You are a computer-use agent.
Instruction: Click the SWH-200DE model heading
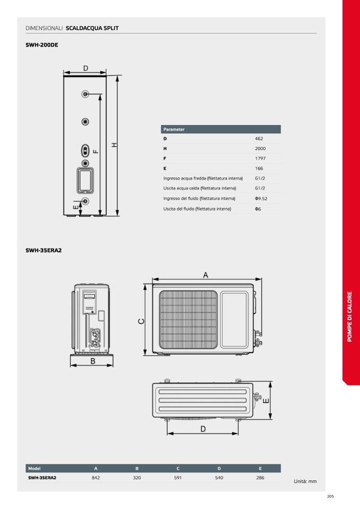[42, 45]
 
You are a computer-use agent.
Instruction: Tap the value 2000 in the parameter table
[260, 149]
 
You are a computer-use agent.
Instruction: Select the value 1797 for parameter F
[260, 158]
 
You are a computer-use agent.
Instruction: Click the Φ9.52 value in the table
[261, 199]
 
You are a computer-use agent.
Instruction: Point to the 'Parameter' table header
[174, 129]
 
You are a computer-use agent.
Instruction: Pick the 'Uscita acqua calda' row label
[200, 188]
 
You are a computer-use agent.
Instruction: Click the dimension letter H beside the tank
[114, 145]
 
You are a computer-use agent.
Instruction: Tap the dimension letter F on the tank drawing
[96, 151]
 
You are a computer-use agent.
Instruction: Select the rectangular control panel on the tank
[85, 180]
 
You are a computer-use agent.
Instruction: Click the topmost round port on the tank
[85, 94]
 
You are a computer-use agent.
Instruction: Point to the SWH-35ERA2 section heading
[44, 251]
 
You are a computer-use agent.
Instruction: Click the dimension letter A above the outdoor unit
[205, 275]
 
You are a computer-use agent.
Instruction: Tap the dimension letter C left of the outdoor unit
[141, 321]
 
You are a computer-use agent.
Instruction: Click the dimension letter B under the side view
[92, 361]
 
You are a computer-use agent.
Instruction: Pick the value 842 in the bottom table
[96, 478]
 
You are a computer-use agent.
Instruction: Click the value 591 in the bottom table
[178, 478]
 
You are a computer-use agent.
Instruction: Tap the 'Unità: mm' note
[305, 481]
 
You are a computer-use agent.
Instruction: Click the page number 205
[330, 496]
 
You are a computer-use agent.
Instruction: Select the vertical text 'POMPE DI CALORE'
[349, 316]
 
